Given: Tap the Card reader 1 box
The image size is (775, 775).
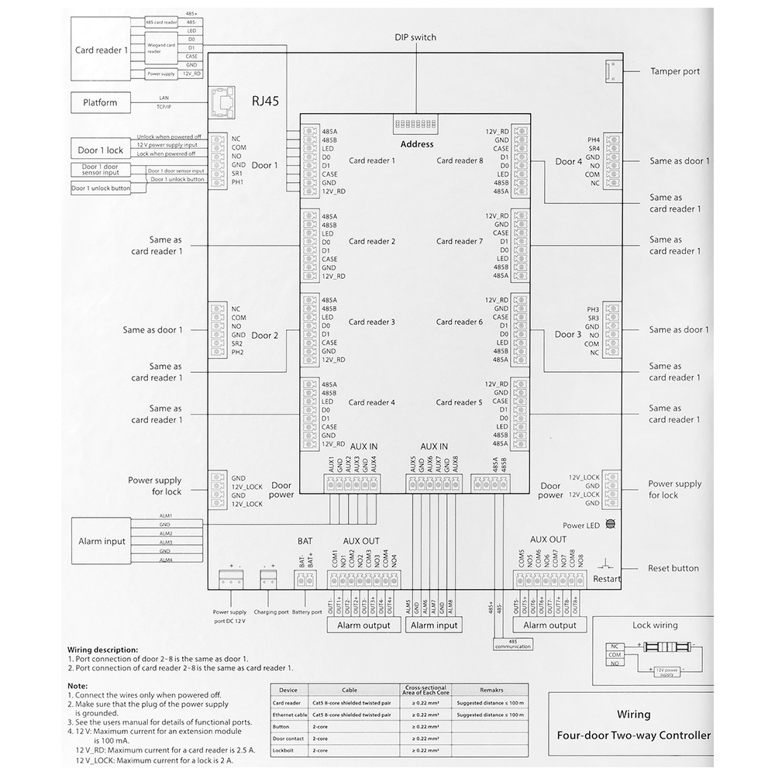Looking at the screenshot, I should (x=102, y=50).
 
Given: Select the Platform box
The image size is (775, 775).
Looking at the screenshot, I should (x=101, y=102).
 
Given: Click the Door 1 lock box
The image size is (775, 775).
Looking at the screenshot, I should (x=100, y=150).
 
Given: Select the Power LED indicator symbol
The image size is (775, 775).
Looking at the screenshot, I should (x=610, y=525).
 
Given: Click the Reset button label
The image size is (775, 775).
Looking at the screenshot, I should (x=673, y=568).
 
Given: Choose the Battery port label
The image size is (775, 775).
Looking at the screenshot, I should (x=307, y=612).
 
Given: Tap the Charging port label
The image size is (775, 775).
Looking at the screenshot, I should (x=270, y=612).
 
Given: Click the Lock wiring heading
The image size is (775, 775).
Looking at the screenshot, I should (x=654, y=625).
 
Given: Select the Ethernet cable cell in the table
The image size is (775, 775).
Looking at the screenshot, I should (x=288, y=715).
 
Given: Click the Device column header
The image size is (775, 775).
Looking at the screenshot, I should (x=288, y=689).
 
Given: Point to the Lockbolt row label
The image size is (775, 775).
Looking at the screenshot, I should (x=282, y=751).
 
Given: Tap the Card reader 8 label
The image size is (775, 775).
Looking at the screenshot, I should (x=460, y=160).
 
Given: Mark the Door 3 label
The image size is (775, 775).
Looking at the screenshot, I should (x=568, y=335).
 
